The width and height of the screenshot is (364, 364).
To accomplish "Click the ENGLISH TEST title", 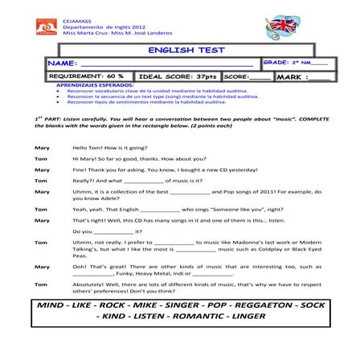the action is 182,50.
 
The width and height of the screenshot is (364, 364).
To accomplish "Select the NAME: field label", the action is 62,62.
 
